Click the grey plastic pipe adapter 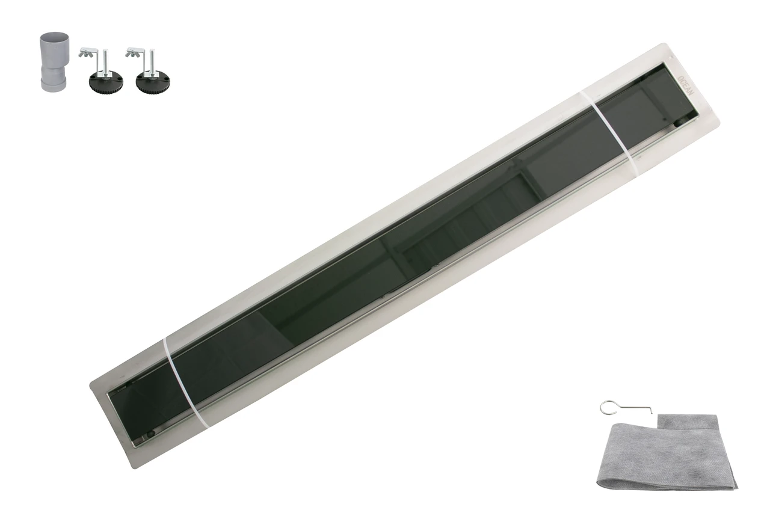[x=54, y=62]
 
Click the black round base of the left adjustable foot [x=106, y=84]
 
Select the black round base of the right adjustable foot [x=153, y=84]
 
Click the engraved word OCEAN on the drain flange [x=686, y=85]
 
